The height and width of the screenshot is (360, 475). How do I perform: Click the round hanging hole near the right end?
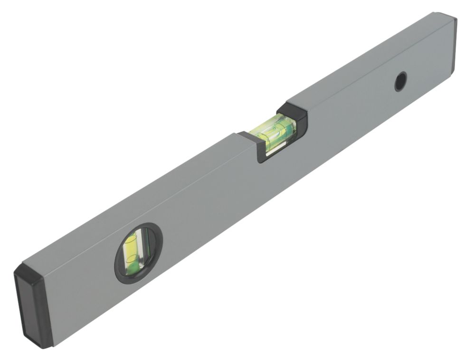tap(401, 81)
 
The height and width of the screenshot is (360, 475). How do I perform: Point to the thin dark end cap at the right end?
tap(454, 45)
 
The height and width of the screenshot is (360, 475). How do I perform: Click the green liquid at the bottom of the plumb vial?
tap(134, 268)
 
